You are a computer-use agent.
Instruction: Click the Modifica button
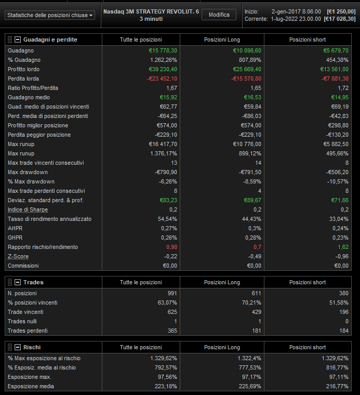(219, 15)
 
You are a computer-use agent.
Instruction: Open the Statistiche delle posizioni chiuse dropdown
(50, 16)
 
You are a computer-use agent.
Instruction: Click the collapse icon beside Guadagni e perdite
(18, 39)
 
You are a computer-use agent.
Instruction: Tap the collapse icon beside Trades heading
(18, 282)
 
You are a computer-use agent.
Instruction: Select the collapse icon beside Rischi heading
(18, 347)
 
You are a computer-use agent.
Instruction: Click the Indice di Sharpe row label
(28, 209)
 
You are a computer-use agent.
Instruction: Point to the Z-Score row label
(18, 256)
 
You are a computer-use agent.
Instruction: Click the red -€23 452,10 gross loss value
(162, 78)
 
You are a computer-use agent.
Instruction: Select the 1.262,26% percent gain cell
(163, 60)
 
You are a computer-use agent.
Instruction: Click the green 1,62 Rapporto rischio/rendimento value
(343, 247)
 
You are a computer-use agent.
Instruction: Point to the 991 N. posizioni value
(172, 294)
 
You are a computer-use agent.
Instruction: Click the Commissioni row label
(23, 266)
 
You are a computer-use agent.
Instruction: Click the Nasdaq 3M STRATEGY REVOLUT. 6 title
(151, 11)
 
